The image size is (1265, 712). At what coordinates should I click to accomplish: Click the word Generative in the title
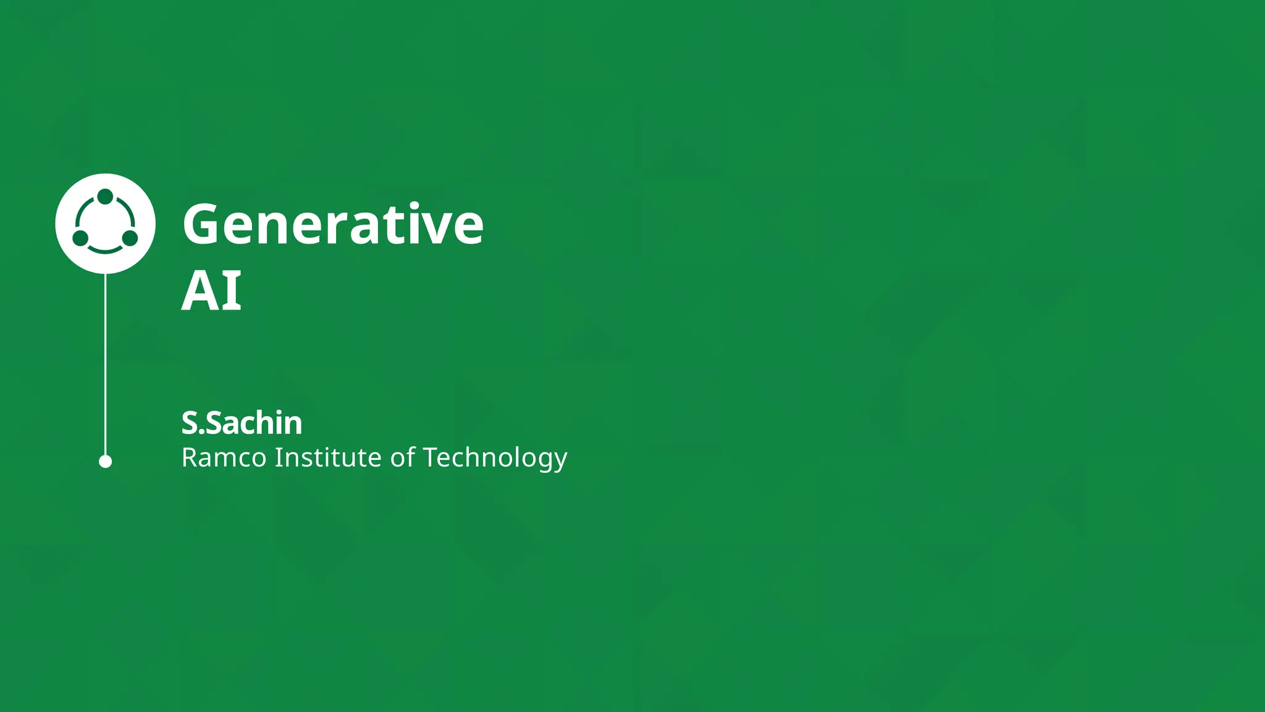tap(333, 224)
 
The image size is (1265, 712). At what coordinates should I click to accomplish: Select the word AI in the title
tap(211, 291)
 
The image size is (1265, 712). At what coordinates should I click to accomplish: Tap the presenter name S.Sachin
tap(242, 423)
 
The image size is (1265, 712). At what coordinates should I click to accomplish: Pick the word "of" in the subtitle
tap(403, 458)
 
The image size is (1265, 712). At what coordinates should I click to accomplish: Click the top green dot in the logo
tap(106, 197)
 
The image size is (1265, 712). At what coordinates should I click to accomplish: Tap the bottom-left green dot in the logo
tap(80, 238)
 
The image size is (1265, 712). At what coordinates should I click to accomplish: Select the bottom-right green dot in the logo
tap(130, 238)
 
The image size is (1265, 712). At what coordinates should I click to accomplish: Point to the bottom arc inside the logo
tap(105, 250)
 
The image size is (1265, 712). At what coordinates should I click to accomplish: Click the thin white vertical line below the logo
tap(106, 365)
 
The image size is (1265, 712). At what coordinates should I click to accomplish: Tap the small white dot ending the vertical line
tap(106, 462)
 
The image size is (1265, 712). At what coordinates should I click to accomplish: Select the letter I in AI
tap(233, 291)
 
